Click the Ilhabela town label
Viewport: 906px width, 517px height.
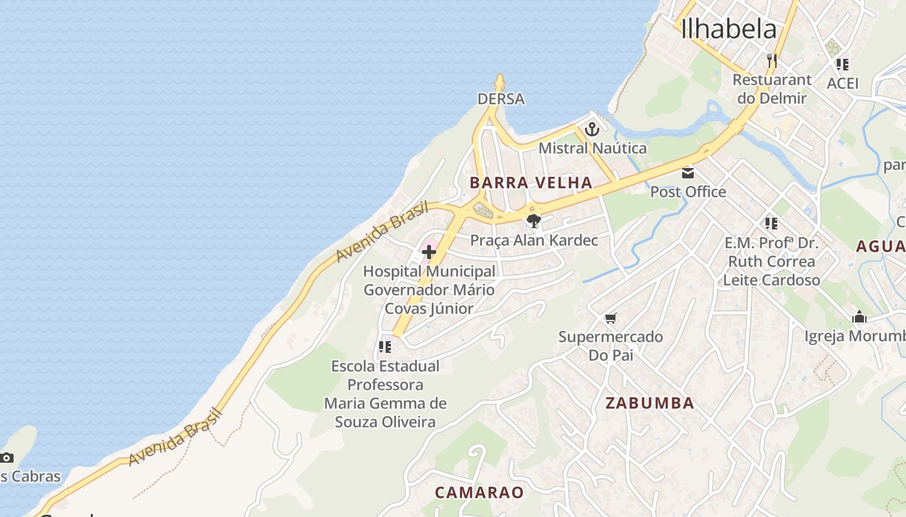coord(729,29)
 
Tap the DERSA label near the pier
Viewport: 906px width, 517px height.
coord(501,99)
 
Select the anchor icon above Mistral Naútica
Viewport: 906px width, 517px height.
coord(591,129)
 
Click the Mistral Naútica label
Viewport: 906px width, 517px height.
coord(592,148)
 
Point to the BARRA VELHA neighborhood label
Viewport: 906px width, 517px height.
coord(531,183)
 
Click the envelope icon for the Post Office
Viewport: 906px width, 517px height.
coord(687,173)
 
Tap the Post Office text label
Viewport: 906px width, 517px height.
coord(688,192)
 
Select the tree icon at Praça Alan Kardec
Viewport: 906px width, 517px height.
coord(533,222)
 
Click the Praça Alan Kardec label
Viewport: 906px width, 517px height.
coord(534,240)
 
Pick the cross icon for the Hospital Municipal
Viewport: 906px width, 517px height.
coord(428,252)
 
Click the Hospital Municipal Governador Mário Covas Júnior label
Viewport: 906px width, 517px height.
coord(429,290)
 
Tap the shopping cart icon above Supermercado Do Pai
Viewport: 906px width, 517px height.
coord(610,318)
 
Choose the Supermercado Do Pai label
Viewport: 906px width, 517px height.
coord(610,346)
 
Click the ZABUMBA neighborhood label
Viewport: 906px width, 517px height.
coord(650,403)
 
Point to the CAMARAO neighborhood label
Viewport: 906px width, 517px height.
coord(479,492)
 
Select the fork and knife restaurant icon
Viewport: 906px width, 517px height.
coord(771,61)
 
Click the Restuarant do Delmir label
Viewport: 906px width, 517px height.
coord(772,89)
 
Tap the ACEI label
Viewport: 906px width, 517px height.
coord(843,83)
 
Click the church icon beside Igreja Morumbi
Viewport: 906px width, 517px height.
coord(859,317)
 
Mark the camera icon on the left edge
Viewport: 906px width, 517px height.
coord(6,458)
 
